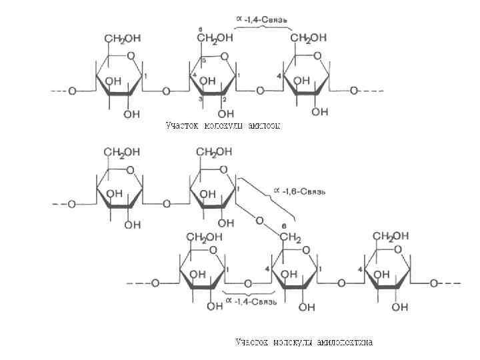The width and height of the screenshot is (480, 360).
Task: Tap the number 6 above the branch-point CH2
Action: coord(285,225)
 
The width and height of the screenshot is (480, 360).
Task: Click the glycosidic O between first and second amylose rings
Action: coord(166,90)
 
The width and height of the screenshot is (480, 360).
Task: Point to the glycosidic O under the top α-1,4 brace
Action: coord(261,90)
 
